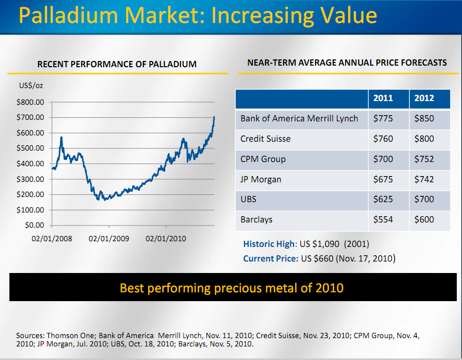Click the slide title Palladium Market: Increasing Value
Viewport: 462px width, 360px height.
198,16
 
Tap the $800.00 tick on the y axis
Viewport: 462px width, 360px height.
31,102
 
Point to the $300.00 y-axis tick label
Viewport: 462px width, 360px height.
31,179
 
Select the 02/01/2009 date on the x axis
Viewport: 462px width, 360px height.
109,239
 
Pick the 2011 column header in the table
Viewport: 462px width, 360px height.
383,98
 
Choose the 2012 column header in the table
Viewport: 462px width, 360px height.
424,98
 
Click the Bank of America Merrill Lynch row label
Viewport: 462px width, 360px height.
299,119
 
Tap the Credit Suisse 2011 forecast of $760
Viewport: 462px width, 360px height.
383,139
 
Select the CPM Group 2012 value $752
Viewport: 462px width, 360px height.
424,159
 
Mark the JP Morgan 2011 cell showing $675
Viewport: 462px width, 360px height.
383,180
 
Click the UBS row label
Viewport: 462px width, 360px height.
249,200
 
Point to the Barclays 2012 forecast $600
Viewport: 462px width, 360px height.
424,220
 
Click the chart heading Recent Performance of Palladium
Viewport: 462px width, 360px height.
117,65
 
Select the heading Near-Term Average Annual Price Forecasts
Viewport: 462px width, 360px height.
347,63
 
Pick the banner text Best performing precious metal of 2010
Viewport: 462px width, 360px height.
232,288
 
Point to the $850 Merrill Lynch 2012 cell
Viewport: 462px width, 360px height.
424,119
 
